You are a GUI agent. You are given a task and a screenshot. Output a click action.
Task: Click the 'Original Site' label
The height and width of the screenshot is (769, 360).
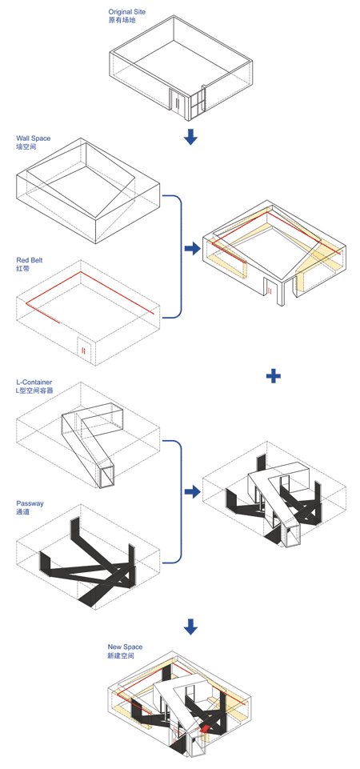[x=126, y=11]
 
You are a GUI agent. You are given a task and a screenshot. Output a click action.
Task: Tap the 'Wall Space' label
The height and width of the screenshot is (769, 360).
[x=33, y=138]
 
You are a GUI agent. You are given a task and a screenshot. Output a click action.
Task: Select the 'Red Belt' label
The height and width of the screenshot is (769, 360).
[x=30, y=260]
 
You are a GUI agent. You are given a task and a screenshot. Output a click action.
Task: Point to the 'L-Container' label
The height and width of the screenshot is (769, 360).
[x=34, y=382]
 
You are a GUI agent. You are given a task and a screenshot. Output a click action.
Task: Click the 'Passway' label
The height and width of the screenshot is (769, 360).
[x=30, y=503]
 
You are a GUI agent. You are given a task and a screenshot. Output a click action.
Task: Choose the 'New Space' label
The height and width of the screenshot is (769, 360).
[x=125, y=647]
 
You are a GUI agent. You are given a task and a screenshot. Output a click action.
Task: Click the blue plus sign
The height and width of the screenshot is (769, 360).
[x=273, y=376]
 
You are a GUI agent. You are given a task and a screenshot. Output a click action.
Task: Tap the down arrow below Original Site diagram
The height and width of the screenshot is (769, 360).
[x=190, y=137]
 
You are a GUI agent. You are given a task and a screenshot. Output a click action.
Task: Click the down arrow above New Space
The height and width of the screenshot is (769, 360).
[x=190, y=626]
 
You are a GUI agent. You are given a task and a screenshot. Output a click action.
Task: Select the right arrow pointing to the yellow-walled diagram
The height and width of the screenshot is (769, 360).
[x=193, y=248]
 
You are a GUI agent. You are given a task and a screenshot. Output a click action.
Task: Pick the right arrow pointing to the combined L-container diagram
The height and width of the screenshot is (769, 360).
[x=193, y=491]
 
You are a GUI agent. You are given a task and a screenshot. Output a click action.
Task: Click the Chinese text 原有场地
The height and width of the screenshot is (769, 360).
[x=121, y=20]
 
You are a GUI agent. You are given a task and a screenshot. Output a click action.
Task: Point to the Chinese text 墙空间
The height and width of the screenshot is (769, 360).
[x=26, y=146]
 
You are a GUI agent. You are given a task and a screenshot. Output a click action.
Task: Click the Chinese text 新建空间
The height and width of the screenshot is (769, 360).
[x=121, y=655]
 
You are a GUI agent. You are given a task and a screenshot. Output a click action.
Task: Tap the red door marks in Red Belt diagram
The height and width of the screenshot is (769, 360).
[x=83, y=350]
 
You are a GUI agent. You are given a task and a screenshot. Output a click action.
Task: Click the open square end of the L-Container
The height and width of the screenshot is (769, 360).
[x=107, y=476]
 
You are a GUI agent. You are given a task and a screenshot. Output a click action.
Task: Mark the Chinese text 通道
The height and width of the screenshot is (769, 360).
[x=22, y=512]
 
